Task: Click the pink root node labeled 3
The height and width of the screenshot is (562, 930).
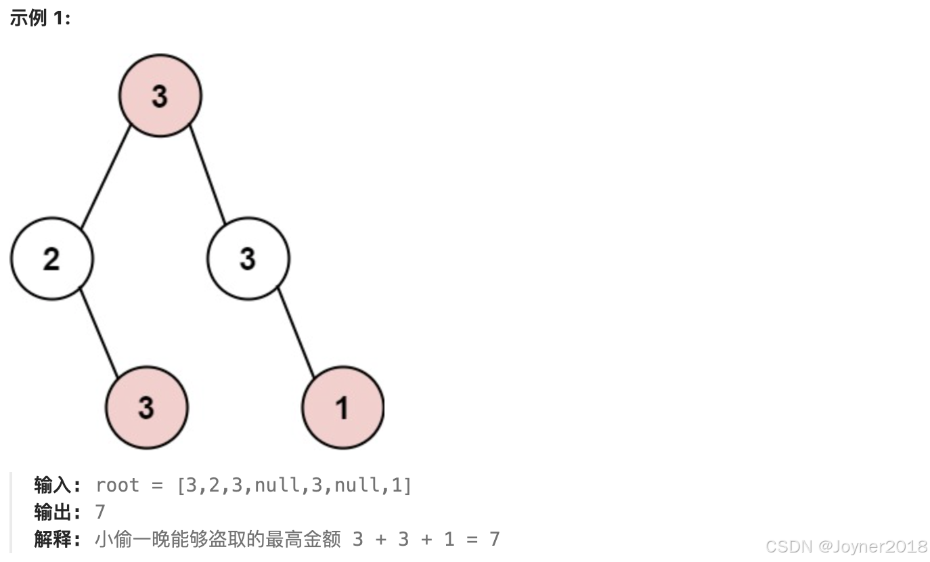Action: [x=160, y=95]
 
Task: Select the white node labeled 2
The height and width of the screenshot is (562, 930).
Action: [x=51, y=258]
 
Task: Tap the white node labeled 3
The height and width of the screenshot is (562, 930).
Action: [x=248, y=258]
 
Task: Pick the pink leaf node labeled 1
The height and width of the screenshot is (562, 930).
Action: [x=342, y=407]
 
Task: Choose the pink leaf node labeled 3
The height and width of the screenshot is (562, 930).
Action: [x=146, y=407]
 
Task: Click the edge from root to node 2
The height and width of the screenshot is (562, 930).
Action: [x=106, y=176]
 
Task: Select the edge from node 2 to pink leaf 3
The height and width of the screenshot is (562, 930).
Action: [x=99, y=332]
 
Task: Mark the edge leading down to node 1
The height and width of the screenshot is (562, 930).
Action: [x=296, y=332]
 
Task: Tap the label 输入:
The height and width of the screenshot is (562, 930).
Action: [x=58, y=485]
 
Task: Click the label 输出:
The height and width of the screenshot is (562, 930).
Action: [x=58, y=512]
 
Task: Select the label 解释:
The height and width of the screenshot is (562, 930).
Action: [x=58, y=539]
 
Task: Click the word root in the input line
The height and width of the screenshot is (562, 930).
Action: [x=117, y=485]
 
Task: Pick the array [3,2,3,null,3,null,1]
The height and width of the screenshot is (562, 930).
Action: [x=294, y=485]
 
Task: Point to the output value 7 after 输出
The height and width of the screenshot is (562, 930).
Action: [x=101, y=512]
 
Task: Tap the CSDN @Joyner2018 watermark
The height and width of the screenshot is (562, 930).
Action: [x=846, y=546]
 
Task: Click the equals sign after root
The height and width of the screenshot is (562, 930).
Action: [x=158, y=485]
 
